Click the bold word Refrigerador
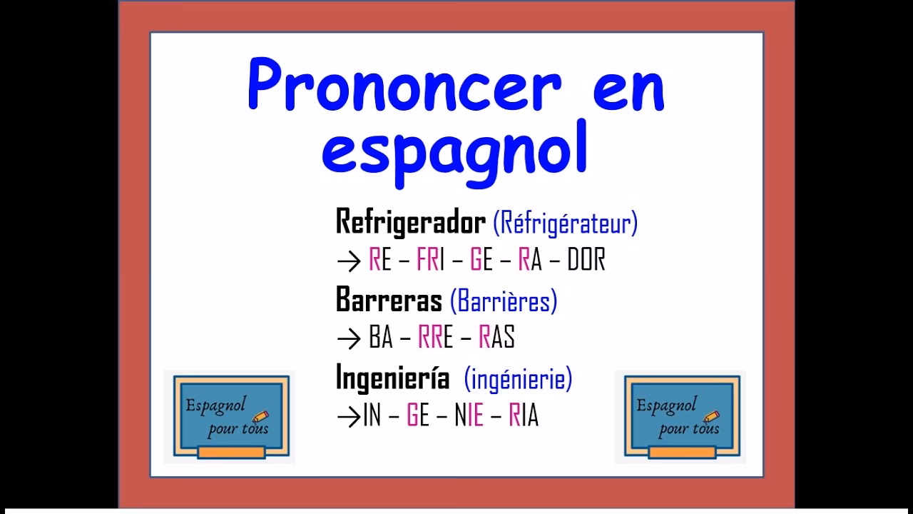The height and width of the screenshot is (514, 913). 410,223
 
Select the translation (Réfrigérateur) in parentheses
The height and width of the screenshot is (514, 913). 566,223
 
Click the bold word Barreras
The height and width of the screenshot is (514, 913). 389,301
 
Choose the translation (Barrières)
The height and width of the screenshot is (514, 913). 504,301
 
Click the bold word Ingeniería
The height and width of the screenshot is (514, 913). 392,378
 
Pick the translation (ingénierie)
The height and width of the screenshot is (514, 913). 518,379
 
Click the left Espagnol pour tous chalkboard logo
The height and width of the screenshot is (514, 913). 228,417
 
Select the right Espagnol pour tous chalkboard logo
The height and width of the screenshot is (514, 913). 680,417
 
